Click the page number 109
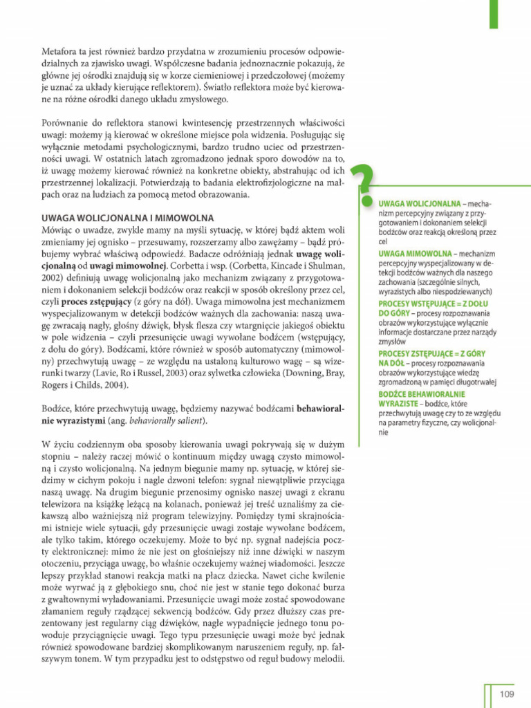click(x=507, y=693)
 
